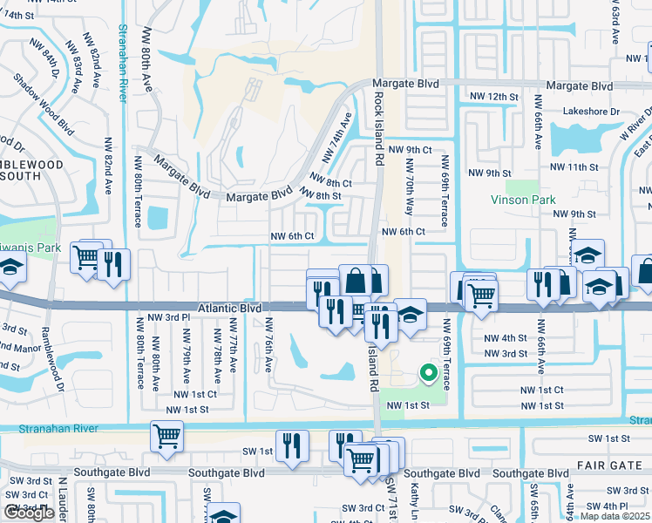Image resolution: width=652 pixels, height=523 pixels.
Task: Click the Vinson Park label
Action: [523, 200]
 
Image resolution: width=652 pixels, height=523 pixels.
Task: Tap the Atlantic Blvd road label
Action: [230, 308]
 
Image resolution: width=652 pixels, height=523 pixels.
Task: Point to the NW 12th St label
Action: [493, 96]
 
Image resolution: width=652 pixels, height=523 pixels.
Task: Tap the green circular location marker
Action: [428, 373]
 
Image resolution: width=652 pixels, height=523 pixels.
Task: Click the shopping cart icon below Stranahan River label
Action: [166, 436]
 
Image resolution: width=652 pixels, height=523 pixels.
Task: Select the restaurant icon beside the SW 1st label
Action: [292, 445]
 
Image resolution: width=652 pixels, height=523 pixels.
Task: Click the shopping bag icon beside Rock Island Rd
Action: [356, 281]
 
